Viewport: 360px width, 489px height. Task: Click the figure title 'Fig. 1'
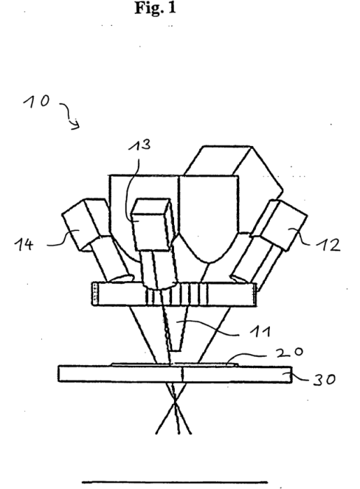pos(155,7)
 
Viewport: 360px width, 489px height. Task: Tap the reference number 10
pos(36,101)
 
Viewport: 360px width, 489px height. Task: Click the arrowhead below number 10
pos(76,125)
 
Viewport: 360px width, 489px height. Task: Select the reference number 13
pos(140,145)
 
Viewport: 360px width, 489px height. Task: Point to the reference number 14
pos(24,245)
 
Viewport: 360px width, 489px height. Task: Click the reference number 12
pos(328,245)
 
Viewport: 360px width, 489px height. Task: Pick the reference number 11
pos(260,331)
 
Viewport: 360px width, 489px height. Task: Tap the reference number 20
pos(289,352)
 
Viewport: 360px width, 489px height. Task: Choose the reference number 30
pos(325,379)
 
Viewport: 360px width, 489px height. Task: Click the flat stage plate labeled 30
pos(175,374)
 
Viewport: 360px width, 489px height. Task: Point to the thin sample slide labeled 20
pos(175,364)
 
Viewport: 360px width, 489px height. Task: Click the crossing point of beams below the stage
pos(175,403)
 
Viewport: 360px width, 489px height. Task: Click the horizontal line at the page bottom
pos(175,482)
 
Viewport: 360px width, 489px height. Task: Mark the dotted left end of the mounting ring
pos(95,294)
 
